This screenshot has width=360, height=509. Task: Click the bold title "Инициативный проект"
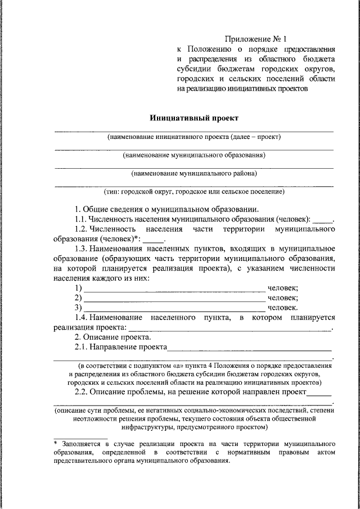[194, 118]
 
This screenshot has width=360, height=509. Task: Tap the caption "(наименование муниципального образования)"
[194, 155]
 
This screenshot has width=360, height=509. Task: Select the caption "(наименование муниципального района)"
[194, 173]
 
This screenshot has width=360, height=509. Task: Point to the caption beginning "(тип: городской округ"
[194, 192]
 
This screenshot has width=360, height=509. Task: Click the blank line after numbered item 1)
[174, 289]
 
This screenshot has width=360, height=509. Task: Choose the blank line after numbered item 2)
[174, 299]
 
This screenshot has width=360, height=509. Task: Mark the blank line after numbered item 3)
[174, 308]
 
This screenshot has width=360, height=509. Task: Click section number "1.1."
[83, 219]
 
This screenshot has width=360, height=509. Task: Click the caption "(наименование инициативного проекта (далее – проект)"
[194, 137]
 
